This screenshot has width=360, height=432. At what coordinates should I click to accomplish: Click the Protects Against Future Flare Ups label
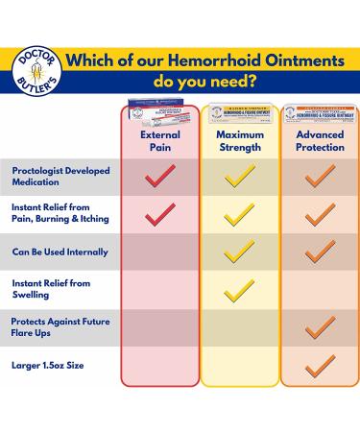tap(58, 329)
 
